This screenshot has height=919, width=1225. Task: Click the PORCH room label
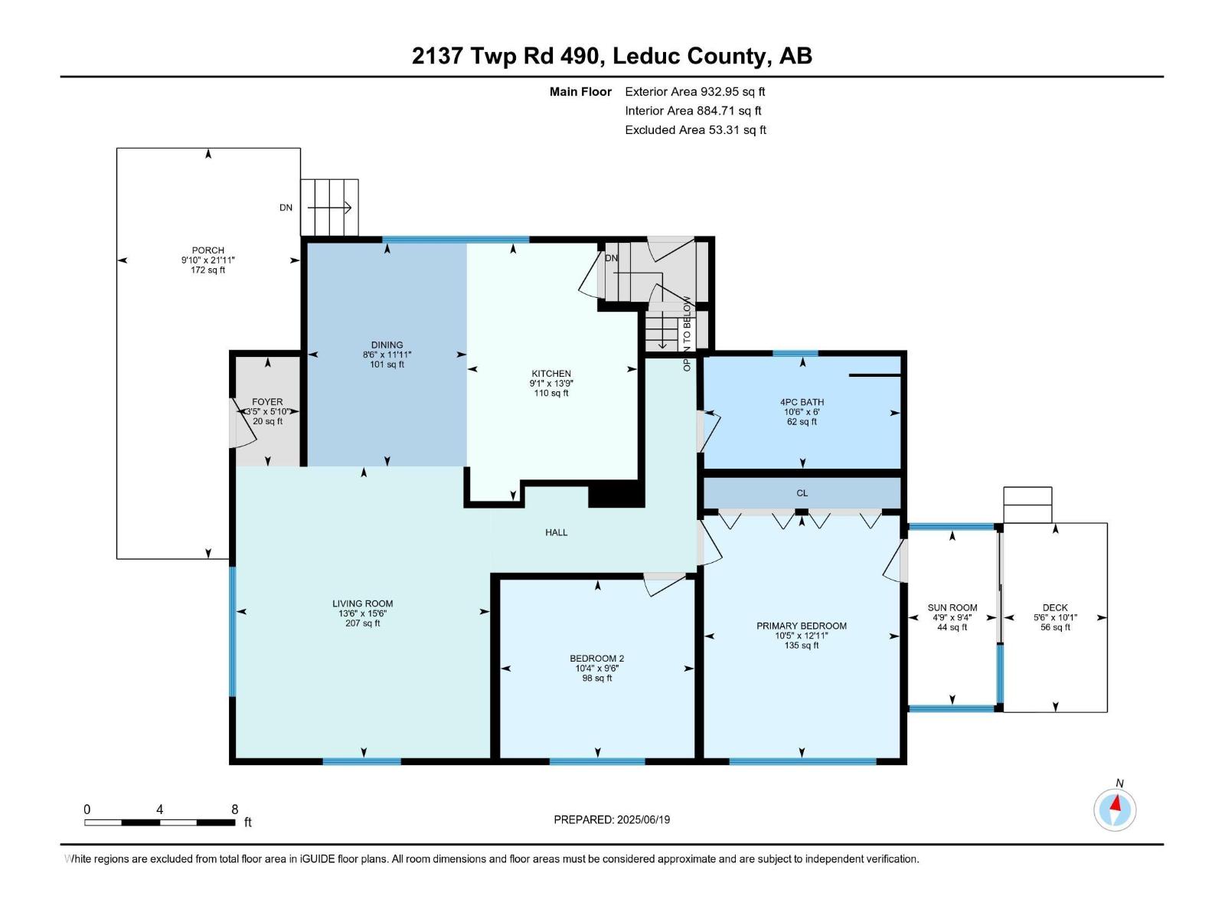[207, 250]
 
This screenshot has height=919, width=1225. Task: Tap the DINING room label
[387, 345]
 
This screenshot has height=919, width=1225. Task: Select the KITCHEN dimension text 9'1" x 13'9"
[550, 384]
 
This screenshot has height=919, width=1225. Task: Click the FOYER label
[267, 401]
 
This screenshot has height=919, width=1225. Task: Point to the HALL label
[556, 532]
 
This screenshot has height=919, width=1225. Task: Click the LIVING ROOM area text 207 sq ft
[362, 623]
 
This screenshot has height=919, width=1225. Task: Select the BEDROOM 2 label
[596, 659]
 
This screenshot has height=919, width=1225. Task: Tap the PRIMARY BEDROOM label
[801, 626]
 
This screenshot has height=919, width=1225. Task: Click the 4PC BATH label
[802, 402]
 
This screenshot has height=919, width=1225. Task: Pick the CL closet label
[802, 493]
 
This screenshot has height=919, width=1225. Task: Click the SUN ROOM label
[952, 608]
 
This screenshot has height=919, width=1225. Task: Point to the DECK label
[1054, 608]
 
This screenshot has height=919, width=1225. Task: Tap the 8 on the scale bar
[235, 809]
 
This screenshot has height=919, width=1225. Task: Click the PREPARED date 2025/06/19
[642, 819]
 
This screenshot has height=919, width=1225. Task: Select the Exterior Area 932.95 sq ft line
[694, 92]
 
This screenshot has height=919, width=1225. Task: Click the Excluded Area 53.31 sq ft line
[694, 130]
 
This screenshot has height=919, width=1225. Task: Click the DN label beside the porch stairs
[286, 208]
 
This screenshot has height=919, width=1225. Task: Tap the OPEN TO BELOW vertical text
[687, 334]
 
